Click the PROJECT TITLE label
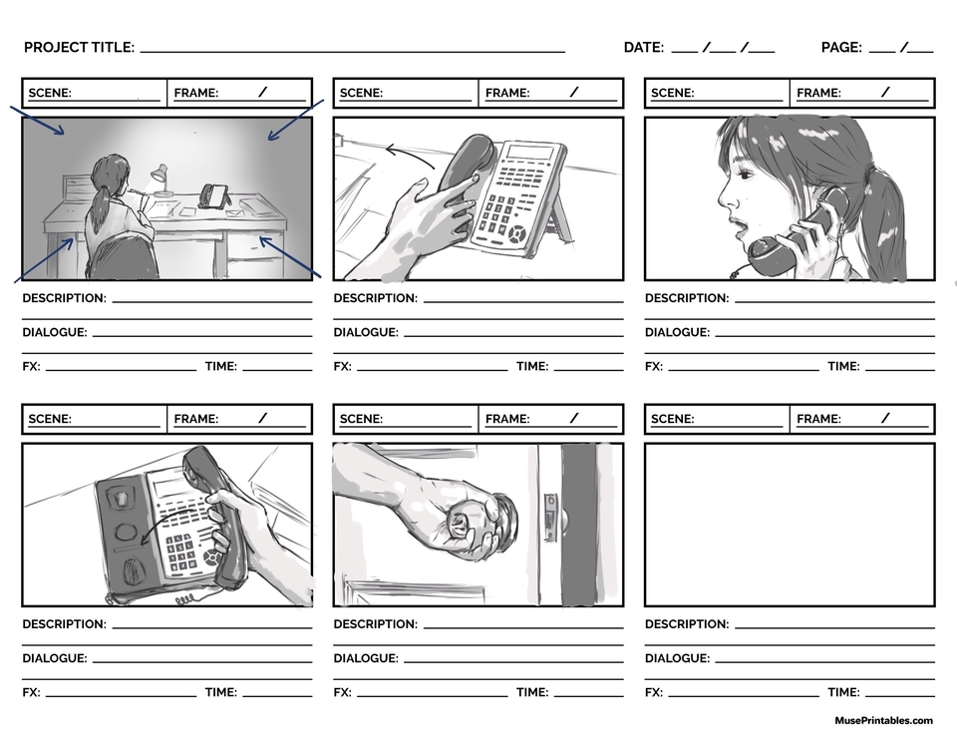[79, 48]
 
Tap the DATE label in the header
[643, 48]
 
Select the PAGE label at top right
[840, 48]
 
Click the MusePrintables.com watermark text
[883, 720]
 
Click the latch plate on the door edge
[550, 516]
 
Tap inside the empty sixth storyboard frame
[789, 525]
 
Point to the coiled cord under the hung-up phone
[184, 599]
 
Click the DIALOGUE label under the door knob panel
[365, 658]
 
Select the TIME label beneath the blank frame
[843, 692]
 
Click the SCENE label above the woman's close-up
[672, 93]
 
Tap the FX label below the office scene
[31, 366]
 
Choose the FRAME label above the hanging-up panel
[195, 419]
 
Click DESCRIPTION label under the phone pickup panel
[375, 298]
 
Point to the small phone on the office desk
[214, 194]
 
